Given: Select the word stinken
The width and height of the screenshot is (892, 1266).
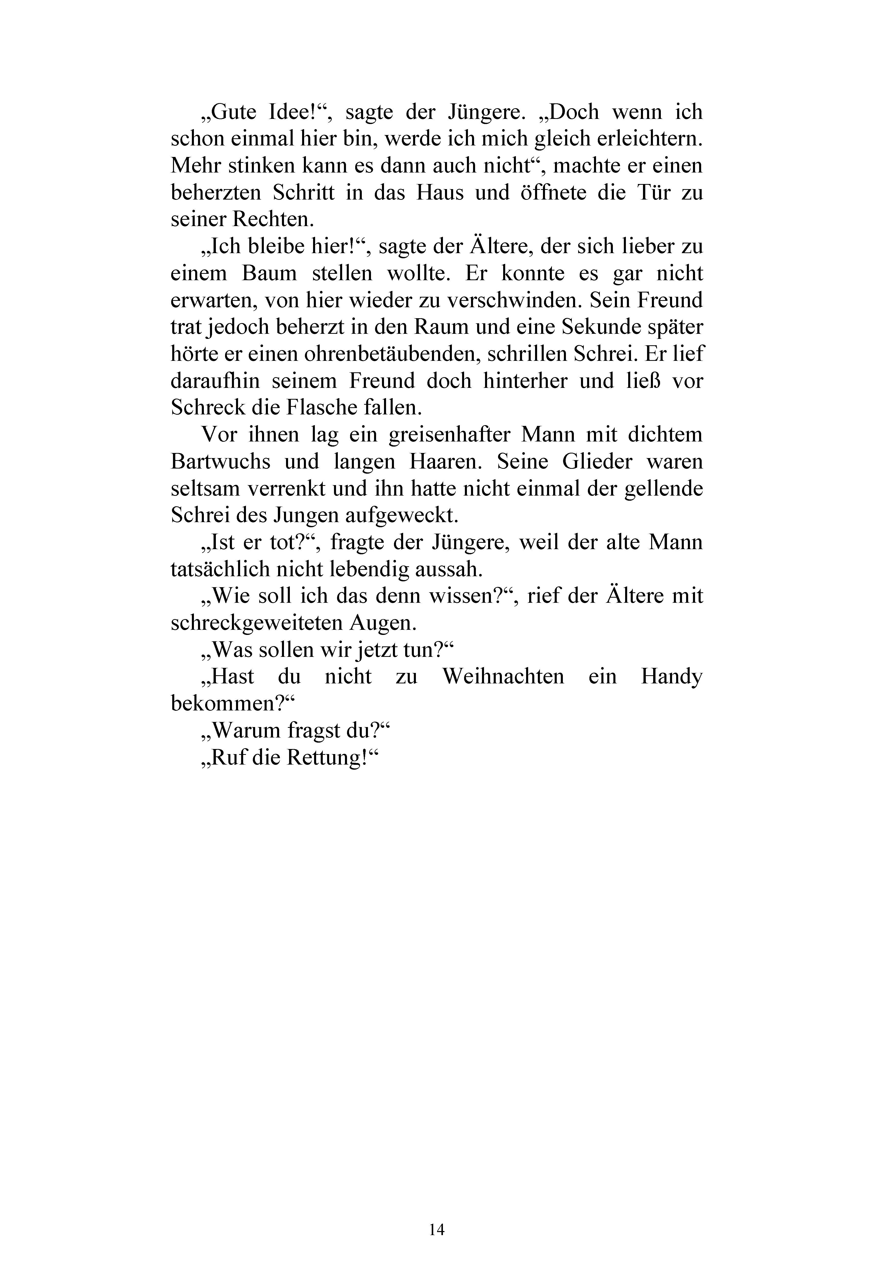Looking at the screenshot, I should click(x=259, y=166).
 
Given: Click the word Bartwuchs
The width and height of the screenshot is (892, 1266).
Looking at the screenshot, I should click(x=220, y=462).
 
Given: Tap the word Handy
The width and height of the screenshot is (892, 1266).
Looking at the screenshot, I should click(x=672, y=677).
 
